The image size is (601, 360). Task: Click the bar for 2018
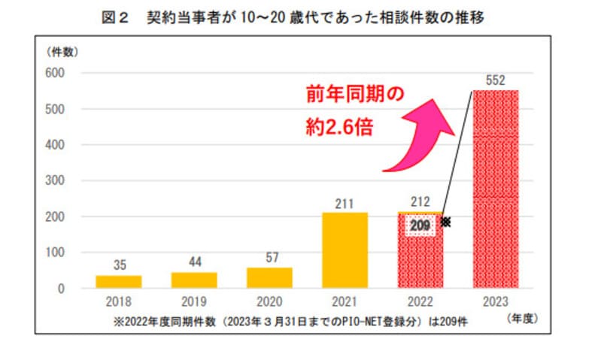click(118, 282)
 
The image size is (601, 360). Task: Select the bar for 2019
click(194, 280)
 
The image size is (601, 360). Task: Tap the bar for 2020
click(269, 277)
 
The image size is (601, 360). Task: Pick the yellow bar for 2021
click(345, 250)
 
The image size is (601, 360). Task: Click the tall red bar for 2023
click(496, 188)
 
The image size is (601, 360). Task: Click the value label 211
click(345, 201)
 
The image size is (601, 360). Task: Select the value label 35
click(118, 265)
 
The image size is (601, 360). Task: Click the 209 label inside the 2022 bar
click(420, 223)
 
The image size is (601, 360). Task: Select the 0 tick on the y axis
click(63, 288)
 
